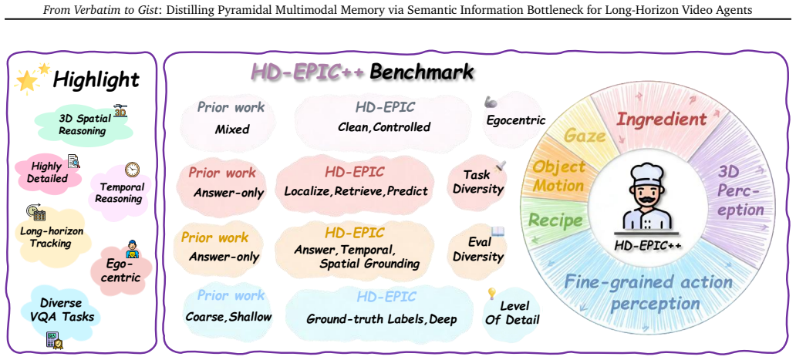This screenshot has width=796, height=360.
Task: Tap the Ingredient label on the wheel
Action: tap(661, 119)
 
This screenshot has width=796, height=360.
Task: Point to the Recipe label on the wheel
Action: tap(555, 220)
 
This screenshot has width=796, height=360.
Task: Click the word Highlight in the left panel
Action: tap(96, 79)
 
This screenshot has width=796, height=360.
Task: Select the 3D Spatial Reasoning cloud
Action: tap(83, 124)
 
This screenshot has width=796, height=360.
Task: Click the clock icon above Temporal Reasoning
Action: tap(131, 169)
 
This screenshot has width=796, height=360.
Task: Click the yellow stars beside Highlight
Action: tap(32, 78)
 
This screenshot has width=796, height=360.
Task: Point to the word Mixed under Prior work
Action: tap(231, 129)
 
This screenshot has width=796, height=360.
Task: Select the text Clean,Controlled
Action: tap(384, 126)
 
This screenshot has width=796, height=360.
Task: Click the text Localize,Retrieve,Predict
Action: tap(356, 192)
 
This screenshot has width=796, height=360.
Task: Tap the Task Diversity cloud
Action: tap(477, 182)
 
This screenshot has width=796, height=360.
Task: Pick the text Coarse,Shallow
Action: tap(228, 316)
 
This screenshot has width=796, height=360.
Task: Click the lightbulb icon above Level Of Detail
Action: tap(491, 293)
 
